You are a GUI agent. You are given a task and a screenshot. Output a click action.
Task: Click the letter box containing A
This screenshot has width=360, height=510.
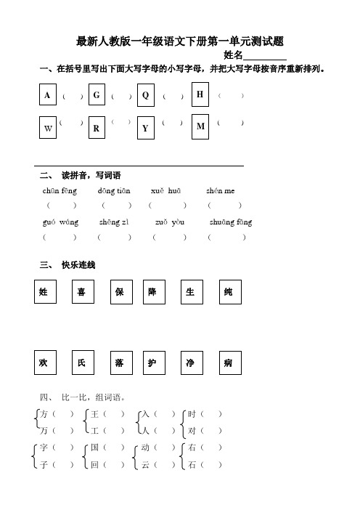coord(48,96)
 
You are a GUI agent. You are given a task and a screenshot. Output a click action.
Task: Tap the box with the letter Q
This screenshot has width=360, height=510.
coord(146,96)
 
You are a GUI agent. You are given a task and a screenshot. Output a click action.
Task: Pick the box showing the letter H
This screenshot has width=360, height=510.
coord(200,94)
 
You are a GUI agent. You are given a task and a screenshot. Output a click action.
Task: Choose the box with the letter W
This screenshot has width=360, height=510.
coord(48,128)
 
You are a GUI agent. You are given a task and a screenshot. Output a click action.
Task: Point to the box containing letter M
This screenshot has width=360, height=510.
coord(200,126)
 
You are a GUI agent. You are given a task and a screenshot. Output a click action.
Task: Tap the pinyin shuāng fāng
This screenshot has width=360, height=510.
coord(231,222)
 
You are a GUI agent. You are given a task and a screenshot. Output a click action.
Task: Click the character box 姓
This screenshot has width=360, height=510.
coord(44,292)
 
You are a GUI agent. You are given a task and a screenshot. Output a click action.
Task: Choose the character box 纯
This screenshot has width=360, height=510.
coord(228,292)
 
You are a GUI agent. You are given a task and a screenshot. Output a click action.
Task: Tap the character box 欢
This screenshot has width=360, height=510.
coord(44,362)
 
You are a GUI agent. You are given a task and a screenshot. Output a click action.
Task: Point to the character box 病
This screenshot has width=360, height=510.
coord(228,362)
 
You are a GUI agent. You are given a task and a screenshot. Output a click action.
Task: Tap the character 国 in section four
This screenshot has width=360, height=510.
coord(94,448)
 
